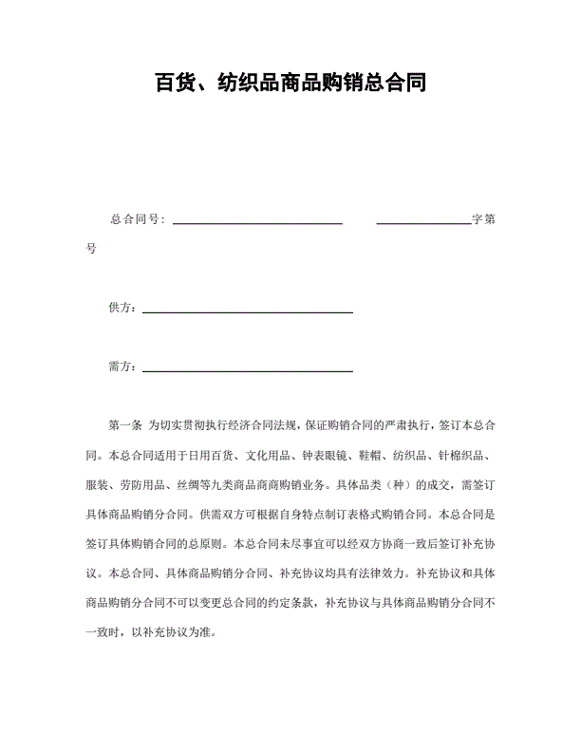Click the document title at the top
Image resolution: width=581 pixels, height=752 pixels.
(290, 83)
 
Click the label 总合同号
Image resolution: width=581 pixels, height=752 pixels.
(136, 219)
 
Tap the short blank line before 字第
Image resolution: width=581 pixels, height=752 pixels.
(423, 223)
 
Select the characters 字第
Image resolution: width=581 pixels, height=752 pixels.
(483, 219)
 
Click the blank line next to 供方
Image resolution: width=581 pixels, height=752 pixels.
(247, 311)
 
